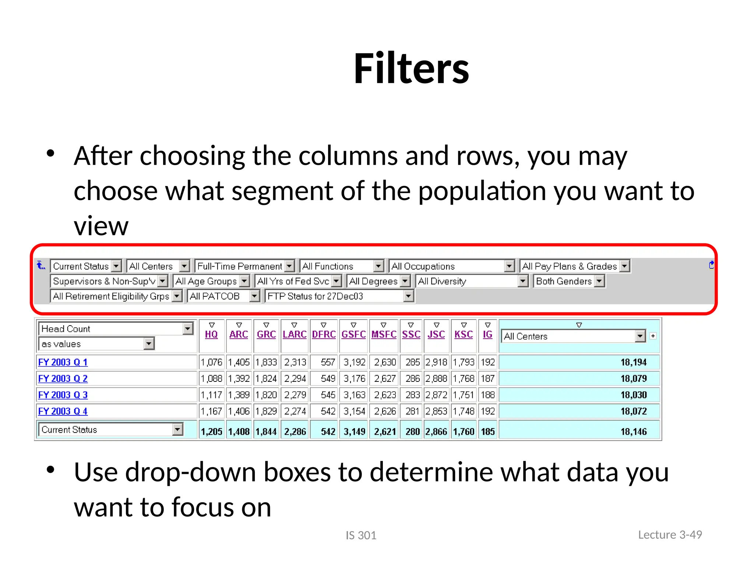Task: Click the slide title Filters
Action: click(x=411, y=69)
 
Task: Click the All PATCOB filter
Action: click(x=223, y=296)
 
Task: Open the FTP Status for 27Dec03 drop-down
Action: click(x=408, y=296)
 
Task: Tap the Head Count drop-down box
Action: click(x=116, y=329)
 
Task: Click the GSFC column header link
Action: click(x=353, y=334)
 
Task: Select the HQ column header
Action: click(x=211, y=334)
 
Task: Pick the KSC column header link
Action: click(x=464, y=334)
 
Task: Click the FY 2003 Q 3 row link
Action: click(x=63, y=395)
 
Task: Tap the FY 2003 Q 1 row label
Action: click(x=63, y=362)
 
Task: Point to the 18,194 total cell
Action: click(x=633, y=362)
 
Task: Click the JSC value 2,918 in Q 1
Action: click(x=436, y=362)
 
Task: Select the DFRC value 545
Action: click(x=328, y=395)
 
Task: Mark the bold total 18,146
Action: click(x=633, y=431)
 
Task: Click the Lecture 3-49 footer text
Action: click(x=670, y=534)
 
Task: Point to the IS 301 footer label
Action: click(x=361, y=535)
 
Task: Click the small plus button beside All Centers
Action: click(x=653, y=336)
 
